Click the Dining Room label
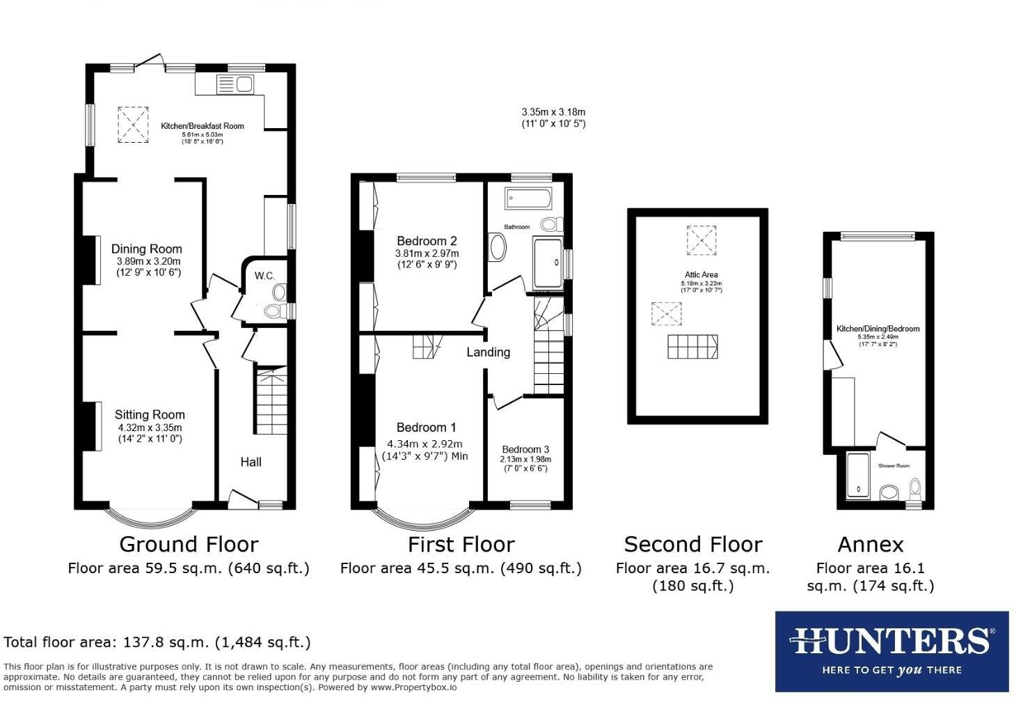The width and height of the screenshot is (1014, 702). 147,249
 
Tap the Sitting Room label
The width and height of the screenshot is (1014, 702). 150,414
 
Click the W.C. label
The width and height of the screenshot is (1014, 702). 264,276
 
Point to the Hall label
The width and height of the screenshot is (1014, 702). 251,462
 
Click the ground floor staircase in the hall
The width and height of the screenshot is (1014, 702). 271,400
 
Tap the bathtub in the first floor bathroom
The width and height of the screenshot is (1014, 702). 529,198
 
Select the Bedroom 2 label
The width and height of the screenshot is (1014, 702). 427,241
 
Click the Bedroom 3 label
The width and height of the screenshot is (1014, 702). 525,449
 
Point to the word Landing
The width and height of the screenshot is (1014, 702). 488,352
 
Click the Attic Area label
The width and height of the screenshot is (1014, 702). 701,274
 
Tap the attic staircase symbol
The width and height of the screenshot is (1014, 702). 692,347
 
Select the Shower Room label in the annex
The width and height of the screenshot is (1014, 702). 894,466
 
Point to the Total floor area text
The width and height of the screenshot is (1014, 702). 157,642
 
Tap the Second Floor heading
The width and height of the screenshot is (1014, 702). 692,544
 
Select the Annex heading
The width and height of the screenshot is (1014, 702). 870,544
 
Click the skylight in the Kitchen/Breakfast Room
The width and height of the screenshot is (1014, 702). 133,125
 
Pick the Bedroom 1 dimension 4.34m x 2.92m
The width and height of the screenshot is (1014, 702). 425,444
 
